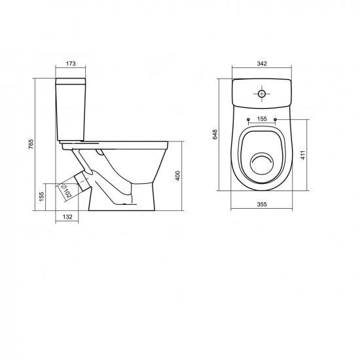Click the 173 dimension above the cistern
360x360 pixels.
pos(71,63)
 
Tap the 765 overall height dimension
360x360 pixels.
pos(31,144)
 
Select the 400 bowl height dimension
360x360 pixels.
pos(178,176)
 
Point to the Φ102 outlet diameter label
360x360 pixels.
pos(66,190)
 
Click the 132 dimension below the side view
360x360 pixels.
pos(67,217)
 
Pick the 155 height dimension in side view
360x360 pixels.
pos(41,197)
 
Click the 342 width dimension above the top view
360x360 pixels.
pos(262,63)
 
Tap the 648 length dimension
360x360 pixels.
pos(215,134)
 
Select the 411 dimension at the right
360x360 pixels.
pos(302,155)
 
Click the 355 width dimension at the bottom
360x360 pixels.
pos(262,204)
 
